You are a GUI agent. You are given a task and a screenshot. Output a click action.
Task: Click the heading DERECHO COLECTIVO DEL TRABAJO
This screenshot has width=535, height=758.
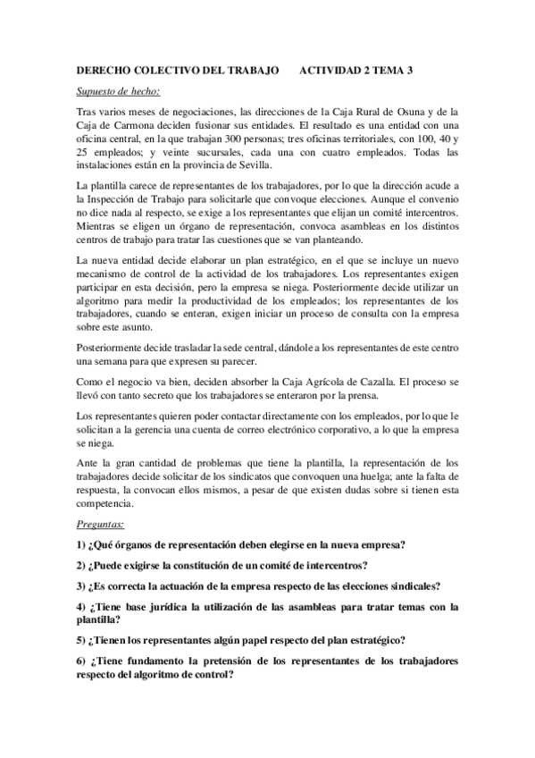pyautogui.click(x=176, y=69)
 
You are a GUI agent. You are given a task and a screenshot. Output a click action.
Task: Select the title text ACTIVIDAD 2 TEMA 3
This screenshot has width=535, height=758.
pyautogui.click(x=356, y=69)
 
